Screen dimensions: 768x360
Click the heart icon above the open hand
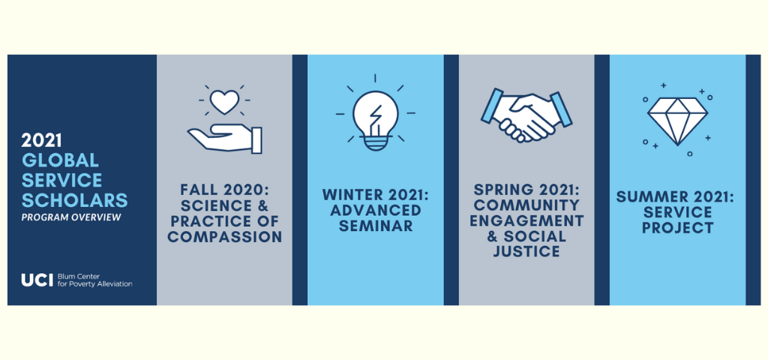coord(224,102)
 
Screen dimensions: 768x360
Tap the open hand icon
coord(225,138)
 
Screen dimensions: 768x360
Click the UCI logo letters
coord(37,280)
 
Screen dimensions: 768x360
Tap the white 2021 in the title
coord(41,140)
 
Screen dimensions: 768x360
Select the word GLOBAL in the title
coord(60,160)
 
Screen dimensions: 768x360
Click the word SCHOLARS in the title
coord(74,199)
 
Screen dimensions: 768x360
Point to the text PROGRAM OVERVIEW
coord(71,217)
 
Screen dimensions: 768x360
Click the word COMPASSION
coord(225,238)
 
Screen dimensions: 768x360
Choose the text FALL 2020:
coord(225,189)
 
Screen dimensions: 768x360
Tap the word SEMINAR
coord(376,226)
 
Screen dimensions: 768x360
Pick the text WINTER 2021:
coord(376,194)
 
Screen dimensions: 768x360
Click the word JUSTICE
coord(526,252)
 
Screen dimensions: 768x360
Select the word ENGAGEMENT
coord(526,220)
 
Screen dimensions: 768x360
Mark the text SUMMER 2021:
coord(678,197)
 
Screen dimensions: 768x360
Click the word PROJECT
coord(678,228)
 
